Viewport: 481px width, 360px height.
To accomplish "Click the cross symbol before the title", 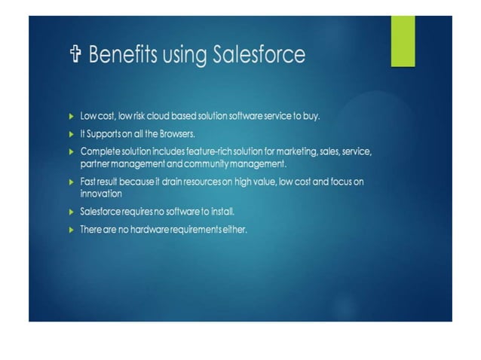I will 74,55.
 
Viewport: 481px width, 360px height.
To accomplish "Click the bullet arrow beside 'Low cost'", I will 71,117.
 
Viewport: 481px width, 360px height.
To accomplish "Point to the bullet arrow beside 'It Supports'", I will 71,134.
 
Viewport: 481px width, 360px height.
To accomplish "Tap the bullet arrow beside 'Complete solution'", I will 71,151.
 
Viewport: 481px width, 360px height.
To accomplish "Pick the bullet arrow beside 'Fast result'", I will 71,182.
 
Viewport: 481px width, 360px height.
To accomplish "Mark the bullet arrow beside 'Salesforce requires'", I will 71,212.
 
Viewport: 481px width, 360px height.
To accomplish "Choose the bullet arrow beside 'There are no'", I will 71,228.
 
